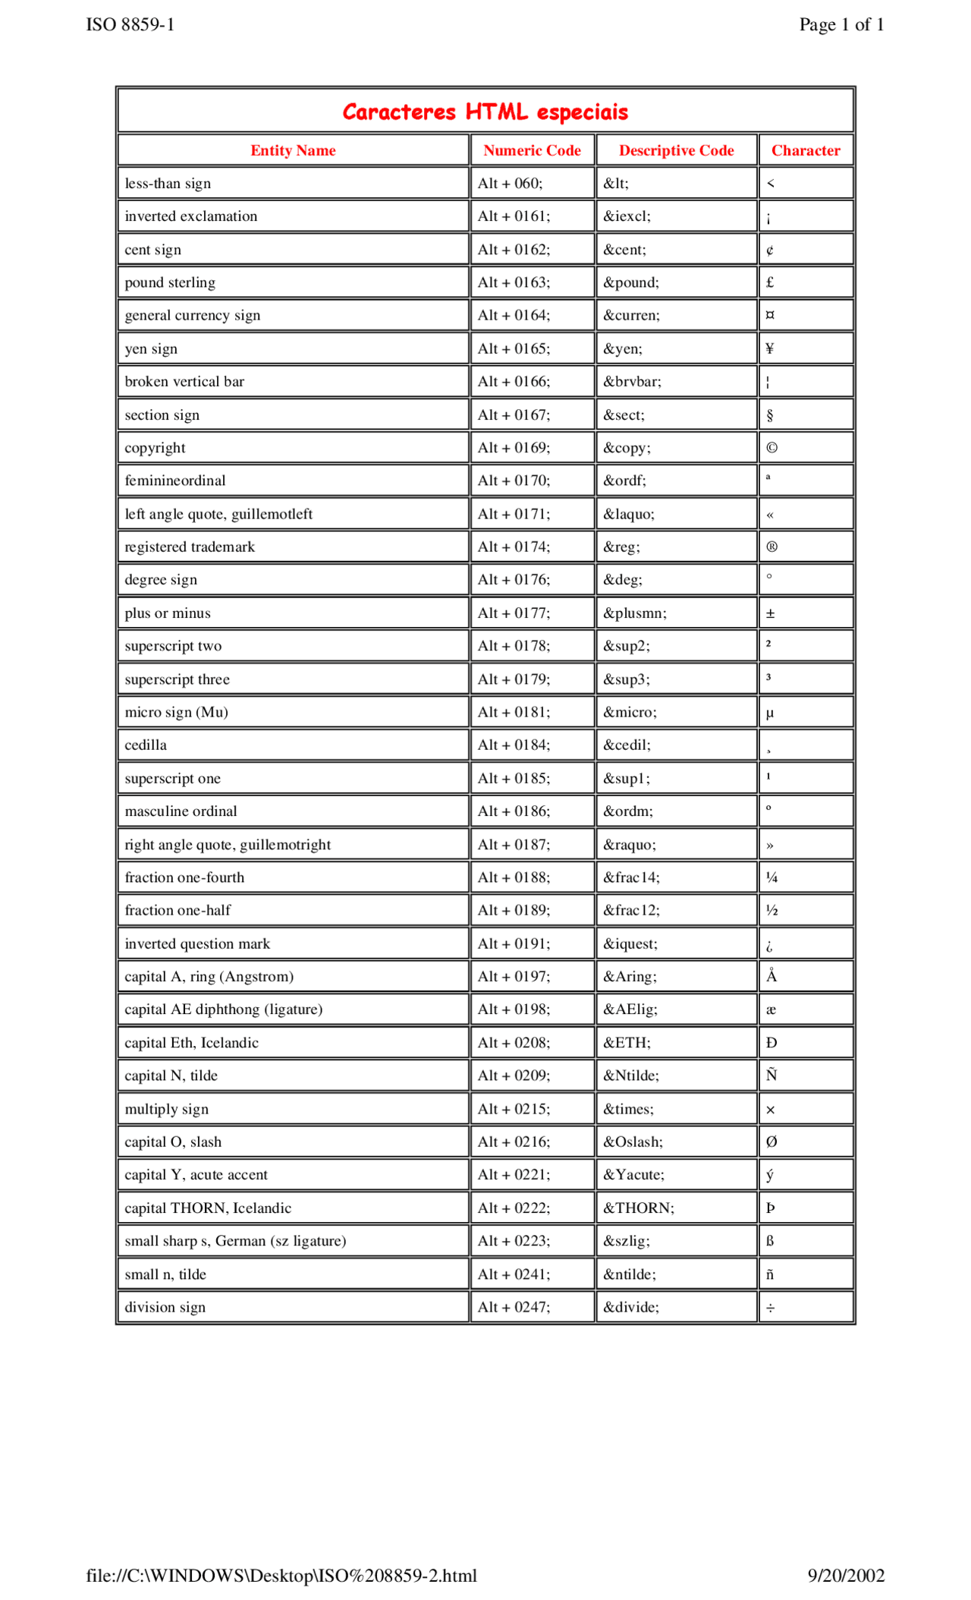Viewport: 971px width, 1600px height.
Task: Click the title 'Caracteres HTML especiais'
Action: [x=485, y=112]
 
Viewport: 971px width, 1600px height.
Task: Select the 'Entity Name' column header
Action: [x=293, y=150]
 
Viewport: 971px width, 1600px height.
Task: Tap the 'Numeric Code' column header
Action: [x=532, y=150]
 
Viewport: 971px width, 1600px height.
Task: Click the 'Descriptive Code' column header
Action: [x=676, y=150]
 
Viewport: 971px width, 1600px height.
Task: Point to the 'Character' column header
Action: [x=805, y=150]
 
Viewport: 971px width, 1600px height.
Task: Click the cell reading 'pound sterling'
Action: [x=170, y=282]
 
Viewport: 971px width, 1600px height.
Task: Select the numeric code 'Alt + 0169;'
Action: [x=514, y=448]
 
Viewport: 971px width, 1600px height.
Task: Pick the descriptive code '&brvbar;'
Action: [x=632, y=382]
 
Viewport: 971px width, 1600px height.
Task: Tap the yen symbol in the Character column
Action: [x=770, y=348]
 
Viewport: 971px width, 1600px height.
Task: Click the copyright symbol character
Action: [x=771, y=448]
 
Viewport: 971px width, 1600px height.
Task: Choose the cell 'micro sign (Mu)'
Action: [x=176, y=712]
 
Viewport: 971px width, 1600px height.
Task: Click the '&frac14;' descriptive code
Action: [x=631, y=877]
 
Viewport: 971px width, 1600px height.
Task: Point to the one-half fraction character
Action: [x=771, y=911]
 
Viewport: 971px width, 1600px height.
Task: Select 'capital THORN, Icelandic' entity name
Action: [x=208, y=1208]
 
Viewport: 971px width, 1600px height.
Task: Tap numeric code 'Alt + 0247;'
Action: [x=514, y=1307]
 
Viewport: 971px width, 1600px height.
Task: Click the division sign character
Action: [x=770, y=1308]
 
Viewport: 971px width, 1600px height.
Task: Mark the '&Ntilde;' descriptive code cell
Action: [x=630, y=1076]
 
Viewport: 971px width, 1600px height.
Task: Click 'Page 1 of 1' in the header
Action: [x=841, y=25]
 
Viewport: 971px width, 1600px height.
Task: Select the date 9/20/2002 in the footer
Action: [x=845, y=1575]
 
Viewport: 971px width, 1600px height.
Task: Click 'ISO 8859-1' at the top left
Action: [x=130, y=25]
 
